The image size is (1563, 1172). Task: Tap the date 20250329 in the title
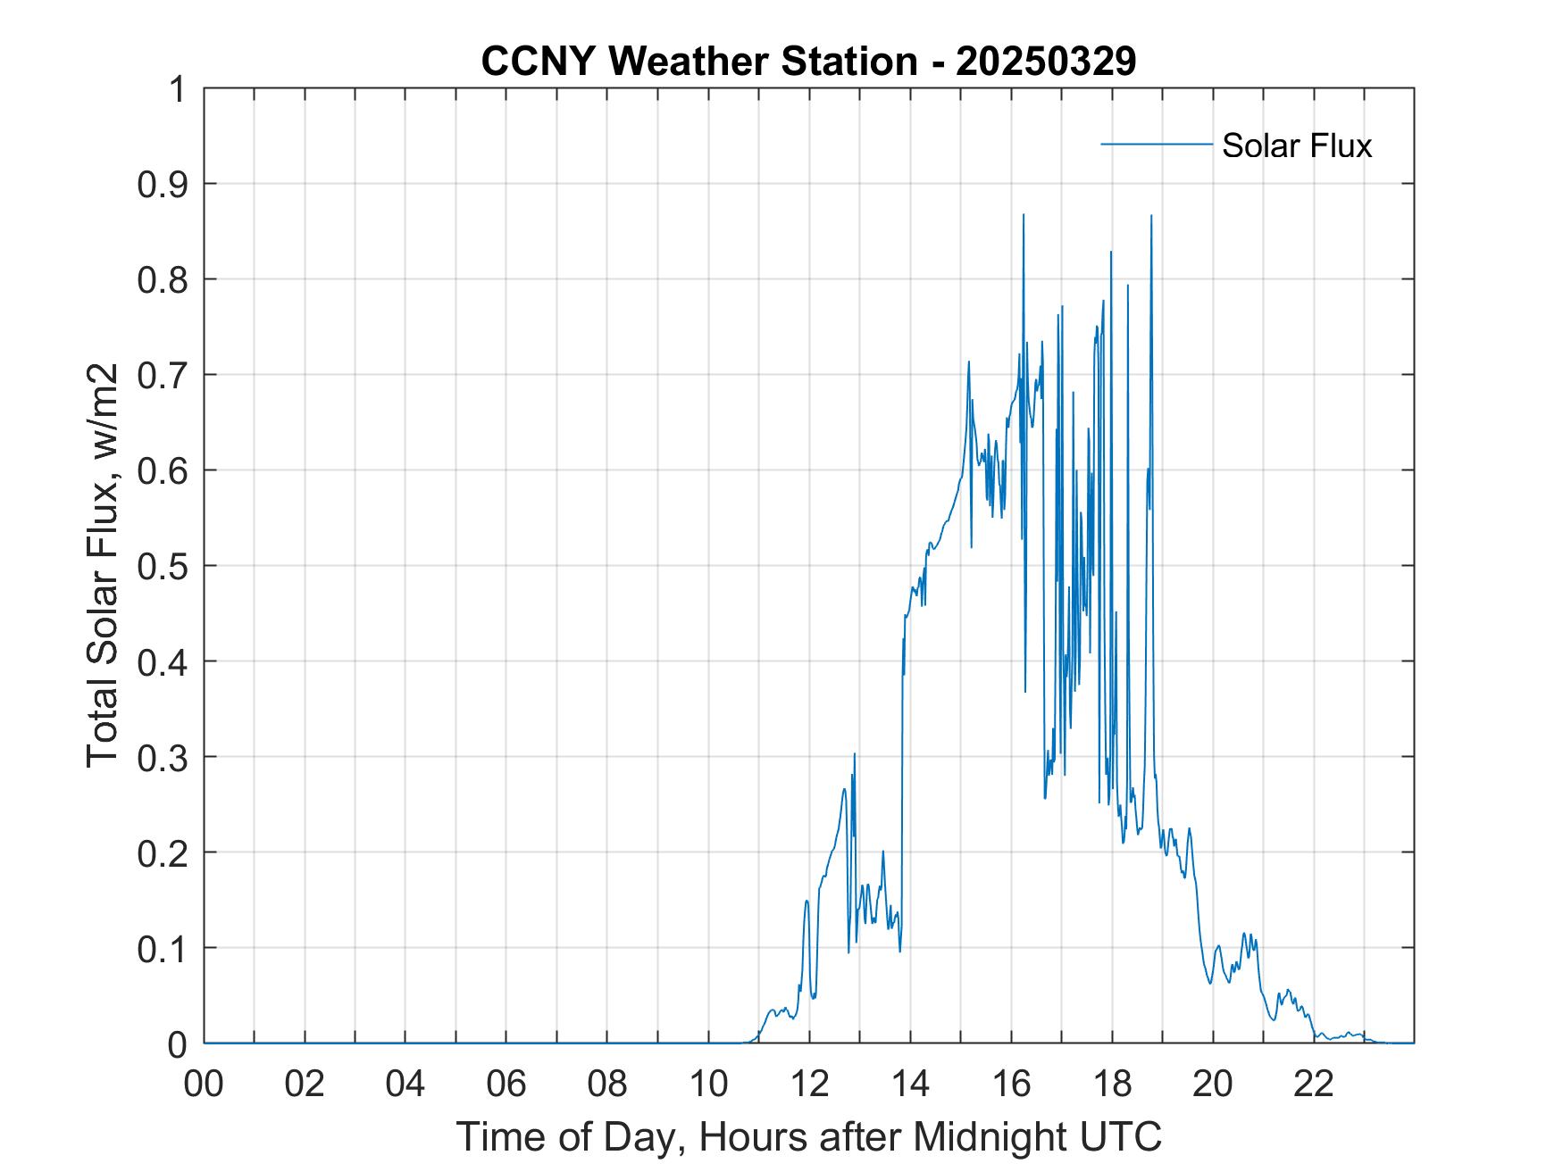[1046, 61]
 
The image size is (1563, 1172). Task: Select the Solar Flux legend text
[1296, 145]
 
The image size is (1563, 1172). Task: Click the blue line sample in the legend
[1156, 144]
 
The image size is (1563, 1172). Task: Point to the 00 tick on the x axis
[204, 1085]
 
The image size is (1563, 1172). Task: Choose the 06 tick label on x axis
[506, 1085]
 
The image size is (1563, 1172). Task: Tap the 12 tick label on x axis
[809, 1085]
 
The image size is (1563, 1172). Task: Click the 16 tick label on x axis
[1011, 1085]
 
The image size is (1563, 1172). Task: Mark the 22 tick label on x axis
[1314, 1085]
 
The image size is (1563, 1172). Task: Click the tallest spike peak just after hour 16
[1024, 215]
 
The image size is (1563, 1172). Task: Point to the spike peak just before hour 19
[1151, 216]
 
